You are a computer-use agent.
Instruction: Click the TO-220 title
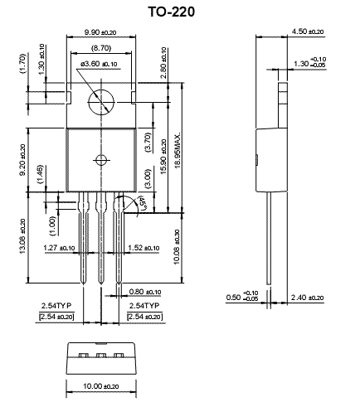(x=172, y=12)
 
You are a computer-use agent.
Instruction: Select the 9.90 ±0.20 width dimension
(x=100, y=32)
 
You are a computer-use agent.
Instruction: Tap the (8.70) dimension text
(x=101, y=48)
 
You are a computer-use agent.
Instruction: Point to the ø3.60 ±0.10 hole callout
(x=99, y=64)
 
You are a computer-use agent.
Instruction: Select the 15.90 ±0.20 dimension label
(x=163, y=157)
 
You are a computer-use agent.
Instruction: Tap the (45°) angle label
(x=142, y=203)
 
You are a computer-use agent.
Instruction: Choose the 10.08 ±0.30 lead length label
(x=177, y=247)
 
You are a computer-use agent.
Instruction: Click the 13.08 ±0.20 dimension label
(x=22, y=236)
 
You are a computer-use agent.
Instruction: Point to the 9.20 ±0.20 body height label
(x=22, y=160)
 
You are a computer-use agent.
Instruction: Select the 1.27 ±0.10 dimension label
(x=59, y=248)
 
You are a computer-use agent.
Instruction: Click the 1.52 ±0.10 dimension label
(x=144, y=248)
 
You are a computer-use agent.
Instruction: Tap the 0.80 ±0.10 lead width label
(x=145, y=292)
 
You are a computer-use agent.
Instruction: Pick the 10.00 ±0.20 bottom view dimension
(x=101, y=385)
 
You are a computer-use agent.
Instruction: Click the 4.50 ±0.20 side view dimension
(x=308, y=31)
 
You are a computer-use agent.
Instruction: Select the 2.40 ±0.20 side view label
(x=307, y=298)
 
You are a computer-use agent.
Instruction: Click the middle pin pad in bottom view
(x=101, y=355)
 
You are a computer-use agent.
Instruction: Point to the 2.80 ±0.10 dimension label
(x=163, y=63)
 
